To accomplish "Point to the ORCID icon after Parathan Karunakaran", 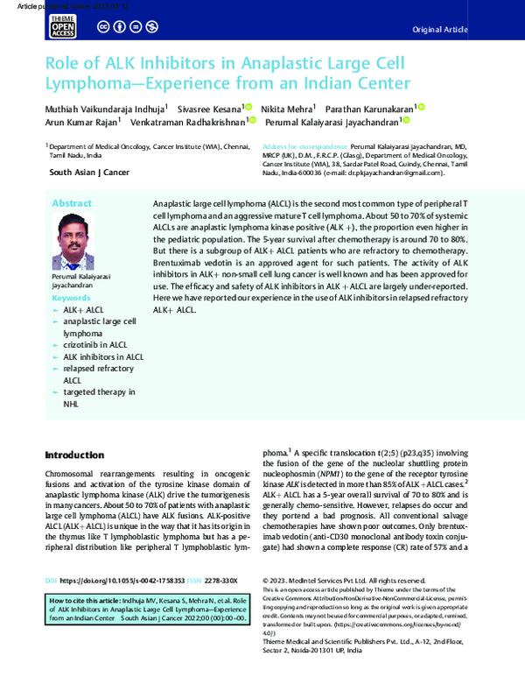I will point(420,107).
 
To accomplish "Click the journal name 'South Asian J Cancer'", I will point(89,173).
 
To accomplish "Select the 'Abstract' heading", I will point(72,203).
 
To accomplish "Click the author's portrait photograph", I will point(81,243).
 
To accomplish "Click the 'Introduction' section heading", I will point(74,455).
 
